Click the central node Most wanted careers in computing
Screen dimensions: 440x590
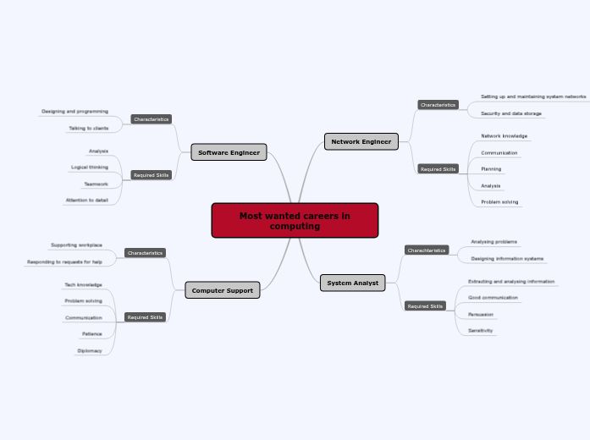pyautogui.click(x=295, y=220)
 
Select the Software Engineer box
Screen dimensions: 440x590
pyautogui.click(x=229, y=152)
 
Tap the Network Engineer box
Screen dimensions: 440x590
pyautogui.click(x=361, y=142)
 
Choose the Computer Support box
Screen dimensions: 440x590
pyautogui.click(x=222, y=291)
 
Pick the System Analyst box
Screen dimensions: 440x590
pyautogui.click(x=353, y=283)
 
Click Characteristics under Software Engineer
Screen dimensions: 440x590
pyautogui.click(x=151, y=119)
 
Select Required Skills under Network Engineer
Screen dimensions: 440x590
pyautogui.click(x=438, y=169)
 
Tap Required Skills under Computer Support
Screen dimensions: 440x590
pyautogui.click(x=145, y=317)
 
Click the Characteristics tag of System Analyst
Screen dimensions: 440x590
pyautogui.click(x=426, y=250)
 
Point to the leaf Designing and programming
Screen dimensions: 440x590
pyautogui.click(x=74, y=111)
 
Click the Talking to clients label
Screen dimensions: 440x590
pyautogui.click(x=88, y=129)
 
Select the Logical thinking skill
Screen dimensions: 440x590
pyautogui.click(x=89, y=168)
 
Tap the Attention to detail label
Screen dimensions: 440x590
pyautogui.click(x=86, y=201)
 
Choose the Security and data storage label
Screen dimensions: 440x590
pyautogui.click(x=511, y=113)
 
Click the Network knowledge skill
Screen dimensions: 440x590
pyautogui.click(x=504, y=135)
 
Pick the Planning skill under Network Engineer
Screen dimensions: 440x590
pyautogui.click(x=491, y=169)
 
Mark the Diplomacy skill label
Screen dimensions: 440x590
pyautogui.click(x=90, y=350)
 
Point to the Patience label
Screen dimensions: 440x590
pyautogui.click(x=91, y=333)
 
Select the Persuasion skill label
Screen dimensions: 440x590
pyautogui.click(x=481, y=314)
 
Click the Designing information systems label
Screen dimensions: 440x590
pyautogui.click(x=507, y=259)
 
